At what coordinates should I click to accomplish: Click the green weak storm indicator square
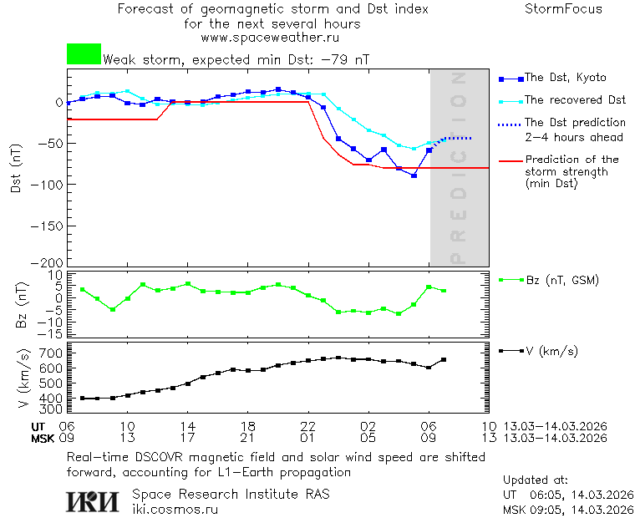[84, 54]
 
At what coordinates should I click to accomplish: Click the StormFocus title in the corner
[563, 9]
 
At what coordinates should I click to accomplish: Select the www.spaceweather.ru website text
[270, 38]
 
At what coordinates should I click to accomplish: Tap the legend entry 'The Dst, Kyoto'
[565, 78]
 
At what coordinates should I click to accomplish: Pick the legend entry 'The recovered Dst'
[575, 100]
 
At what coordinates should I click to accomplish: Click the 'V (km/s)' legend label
[551, 351]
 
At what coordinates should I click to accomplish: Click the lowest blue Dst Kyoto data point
[414, 175]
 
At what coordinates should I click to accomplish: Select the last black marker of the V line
[444, 359]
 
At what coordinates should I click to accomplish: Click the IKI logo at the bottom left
[93, 500]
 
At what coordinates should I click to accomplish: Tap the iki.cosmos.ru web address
[175, 508]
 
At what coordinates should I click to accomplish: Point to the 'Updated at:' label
[535, 480]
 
